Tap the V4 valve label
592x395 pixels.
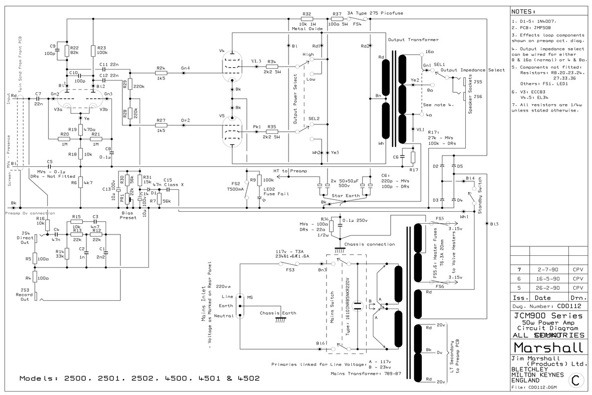(x=222, y=51)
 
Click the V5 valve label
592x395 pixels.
(x=222, y=116)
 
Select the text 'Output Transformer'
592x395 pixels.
(x=413, y=39)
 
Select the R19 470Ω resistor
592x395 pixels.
(x=80, y=130)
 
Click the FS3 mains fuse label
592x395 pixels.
(x=291, y=270)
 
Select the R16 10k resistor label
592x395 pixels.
(x=41, y=221)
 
